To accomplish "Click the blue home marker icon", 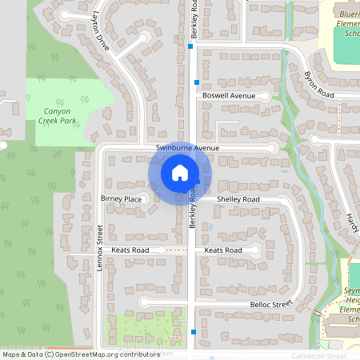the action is [x=179, y=173].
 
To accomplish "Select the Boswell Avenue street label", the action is [x=228, y=96].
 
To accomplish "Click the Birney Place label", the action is [x=121, y=198].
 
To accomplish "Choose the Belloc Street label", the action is [x=271, y=305].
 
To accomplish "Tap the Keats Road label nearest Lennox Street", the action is [x=130, y=250].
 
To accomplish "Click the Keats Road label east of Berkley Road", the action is [x=223, y=250].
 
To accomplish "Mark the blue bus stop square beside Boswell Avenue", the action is [x=196, y=82].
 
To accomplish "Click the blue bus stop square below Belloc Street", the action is [x=194, y=330].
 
